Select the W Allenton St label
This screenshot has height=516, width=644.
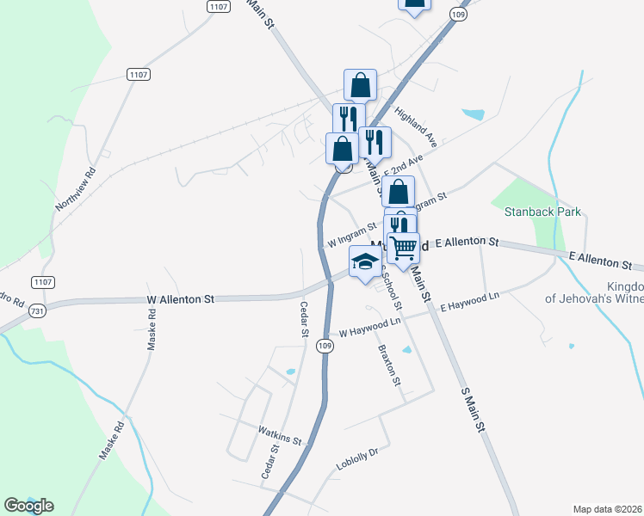tap(180, 300)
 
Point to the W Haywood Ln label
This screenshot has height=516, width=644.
tap(370, 328)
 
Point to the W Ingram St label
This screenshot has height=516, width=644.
tap(351, 236)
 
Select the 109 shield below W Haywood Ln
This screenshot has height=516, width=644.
tap(324, 345)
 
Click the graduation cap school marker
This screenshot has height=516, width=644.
tap(365, 261)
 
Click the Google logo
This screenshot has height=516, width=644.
tap(28, 506)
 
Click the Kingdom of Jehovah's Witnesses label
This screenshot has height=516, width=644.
tap(594, 292)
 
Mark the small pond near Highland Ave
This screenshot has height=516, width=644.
tap(474, 114)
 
